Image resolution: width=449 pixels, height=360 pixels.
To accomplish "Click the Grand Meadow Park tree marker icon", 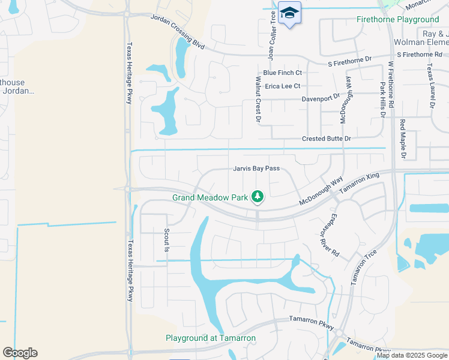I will click(258, 196).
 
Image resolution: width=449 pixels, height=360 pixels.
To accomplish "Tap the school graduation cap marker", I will click(289, 13).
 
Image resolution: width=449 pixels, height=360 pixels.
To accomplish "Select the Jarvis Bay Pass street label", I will click(257, 169).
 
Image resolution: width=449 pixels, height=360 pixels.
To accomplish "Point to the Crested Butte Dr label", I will click(326, 139).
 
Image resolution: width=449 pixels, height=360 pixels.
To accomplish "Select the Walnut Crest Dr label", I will click(258, 100).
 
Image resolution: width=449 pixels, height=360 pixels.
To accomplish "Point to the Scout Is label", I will click(166, 240).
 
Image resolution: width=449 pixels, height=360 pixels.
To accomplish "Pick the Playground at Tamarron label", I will click(211, 338).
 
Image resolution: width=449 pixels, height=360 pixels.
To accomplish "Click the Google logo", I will click(20, 352).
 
